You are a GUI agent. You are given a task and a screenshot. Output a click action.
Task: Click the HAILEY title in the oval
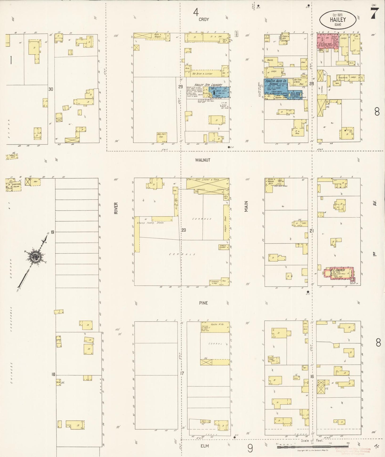tap(338, 19)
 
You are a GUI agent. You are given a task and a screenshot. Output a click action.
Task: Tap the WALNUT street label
tap(202, 160)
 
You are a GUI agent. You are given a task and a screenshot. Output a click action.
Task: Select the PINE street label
tap(203, 303)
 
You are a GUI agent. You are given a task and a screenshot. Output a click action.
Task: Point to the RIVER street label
tap(116, 208)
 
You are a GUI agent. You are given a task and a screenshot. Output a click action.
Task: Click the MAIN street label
tap(246, 206)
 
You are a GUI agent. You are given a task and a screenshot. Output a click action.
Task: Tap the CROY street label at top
tap(204, 19)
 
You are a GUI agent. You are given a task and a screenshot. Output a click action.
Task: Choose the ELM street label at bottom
tap(205, 446)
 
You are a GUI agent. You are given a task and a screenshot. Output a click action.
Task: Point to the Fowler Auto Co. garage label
tap(275, 81)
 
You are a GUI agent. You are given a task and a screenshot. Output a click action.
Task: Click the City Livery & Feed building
tap(207, 183)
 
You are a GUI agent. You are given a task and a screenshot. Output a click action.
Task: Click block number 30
tap(51, 89)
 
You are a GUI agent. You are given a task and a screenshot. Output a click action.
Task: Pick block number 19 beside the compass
tap(52, 232)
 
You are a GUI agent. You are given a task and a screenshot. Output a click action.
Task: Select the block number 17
tap(182, 374)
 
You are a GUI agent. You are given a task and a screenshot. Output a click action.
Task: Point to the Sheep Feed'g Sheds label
tap(150, 223)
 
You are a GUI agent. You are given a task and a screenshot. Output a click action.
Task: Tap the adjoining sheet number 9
tap(250, 448)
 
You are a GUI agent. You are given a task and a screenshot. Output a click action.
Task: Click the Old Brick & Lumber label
tap(202, 74)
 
